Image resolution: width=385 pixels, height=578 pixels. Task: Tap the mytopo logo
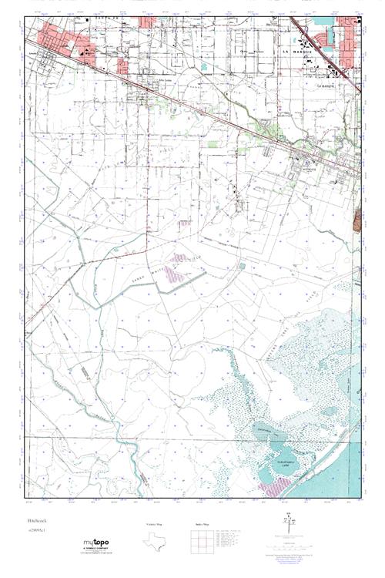[95, 543]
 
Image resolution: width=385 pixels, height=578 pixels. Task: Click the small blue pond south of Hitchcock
[242, 265]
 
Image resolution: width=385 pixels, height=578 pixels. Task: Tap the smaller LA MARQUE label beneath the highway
[330, 86]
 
